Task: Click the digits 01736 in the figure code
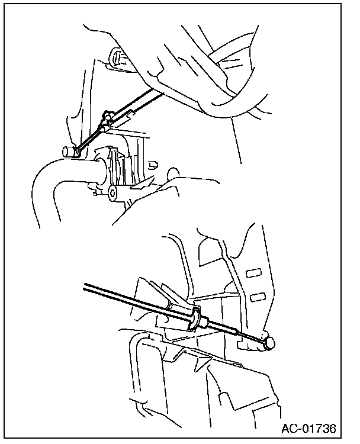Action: click(320, 429)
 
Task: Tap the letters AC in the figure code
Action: click(290, 429)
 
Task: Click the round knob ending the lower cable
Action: click(269, 343)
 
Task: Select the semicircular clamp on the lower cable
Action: click(195, 319)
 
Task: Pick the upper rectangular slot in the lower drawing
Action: click(253, 273)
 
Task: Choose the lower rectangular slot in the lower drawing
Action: click(258, 297)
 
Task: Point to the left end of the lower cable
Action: click(85, 286)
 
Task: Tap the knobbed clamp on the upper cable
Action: click(107, 117)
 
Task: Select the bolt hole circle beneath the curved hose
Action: click(112, 193)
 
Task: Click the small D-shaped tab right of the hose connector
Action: click(153, 165)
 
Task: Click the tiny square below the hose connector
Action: click(95, 194)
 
